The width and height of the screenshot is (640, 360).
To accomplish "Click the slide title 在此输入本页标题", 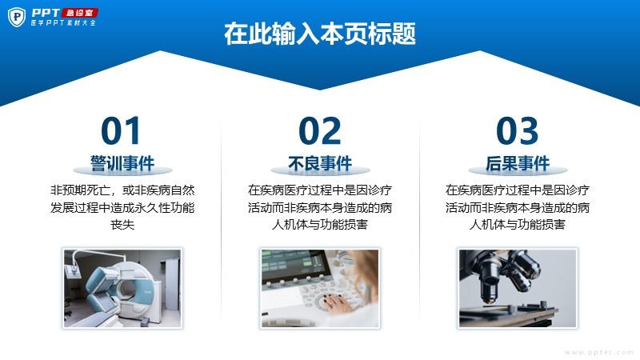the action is [x=320, y=34].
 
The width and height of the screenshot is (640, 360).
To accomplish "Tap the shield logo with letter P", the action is [x=17, y=18].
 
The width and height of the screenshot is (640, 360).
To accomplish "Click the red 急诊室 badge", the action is [x=79, y=13].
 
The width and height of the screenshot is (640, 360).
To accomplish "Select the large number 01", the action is [x=121, y=130].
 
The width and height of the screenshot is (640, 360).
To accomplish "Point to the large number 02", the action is [x=319, y=130].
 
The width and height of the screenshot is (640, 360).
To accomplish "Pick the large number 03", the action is [x=517, y=130].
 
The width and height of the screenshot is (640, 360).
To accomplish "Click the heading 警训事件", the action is [x=122, y=164].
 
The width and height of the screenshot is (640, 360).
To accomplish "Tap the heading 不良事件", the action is [x=320, y=164].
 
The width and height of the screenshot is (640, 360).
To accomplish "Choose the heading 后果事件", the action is [x=518, y=164].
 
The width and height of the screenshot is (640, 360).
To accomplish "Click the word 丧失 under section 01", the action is [x=122, y=225].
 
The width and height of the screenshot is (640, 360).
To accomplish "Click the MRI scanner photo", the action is [x=122, y=288].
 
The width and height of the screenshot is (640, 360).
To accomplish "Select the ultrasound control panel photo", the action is [x=320, y=288].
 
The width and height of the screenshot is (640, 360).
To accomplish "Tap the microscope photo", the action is [x=518, y=288].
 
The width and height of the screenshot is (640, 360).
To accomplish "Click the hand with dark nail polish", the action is [x=334, y=302].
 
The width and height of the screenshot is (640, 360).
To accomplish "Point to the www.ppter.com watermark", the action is [x=599, y=353].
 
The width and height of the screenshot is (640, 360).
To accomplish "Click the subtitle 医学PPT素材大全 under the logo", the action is [x=63, y=23].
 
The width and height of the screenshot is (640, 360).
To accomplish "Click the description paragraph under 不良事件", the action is [x=320, y=207].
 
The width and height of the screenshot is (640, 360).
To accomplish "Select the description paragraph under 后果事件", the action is [x=518, y=207].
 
